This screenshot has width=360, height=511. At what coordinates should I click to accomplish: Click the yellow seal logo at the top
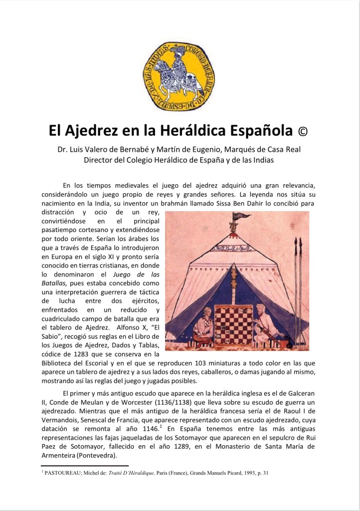(x=180, y=75)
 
